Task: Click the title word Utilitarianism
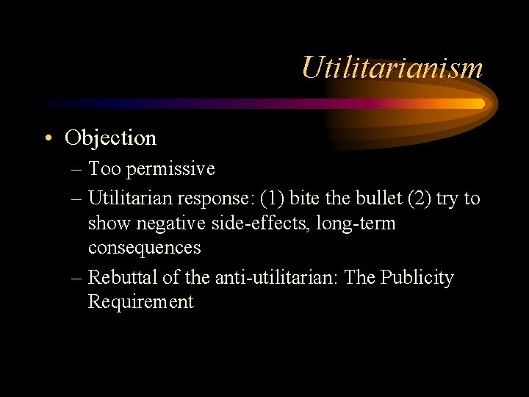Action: [x=392, y=68]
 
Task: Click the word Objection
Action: [x=110, y=137]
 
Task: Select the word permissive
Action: [x=170, y=169]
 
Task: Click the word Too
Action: [x=104, y=169]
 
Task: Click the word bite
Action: [x=305, y=198]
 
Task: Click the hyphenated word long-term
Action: [x=356, y=223]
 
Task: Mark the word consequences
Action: [x=144, y=248]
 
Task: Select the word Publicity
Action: [x=420, y=278]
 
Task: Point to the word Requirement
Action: [x=140, y=302]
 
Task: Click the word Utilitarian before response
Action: [x=132, y=198]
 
